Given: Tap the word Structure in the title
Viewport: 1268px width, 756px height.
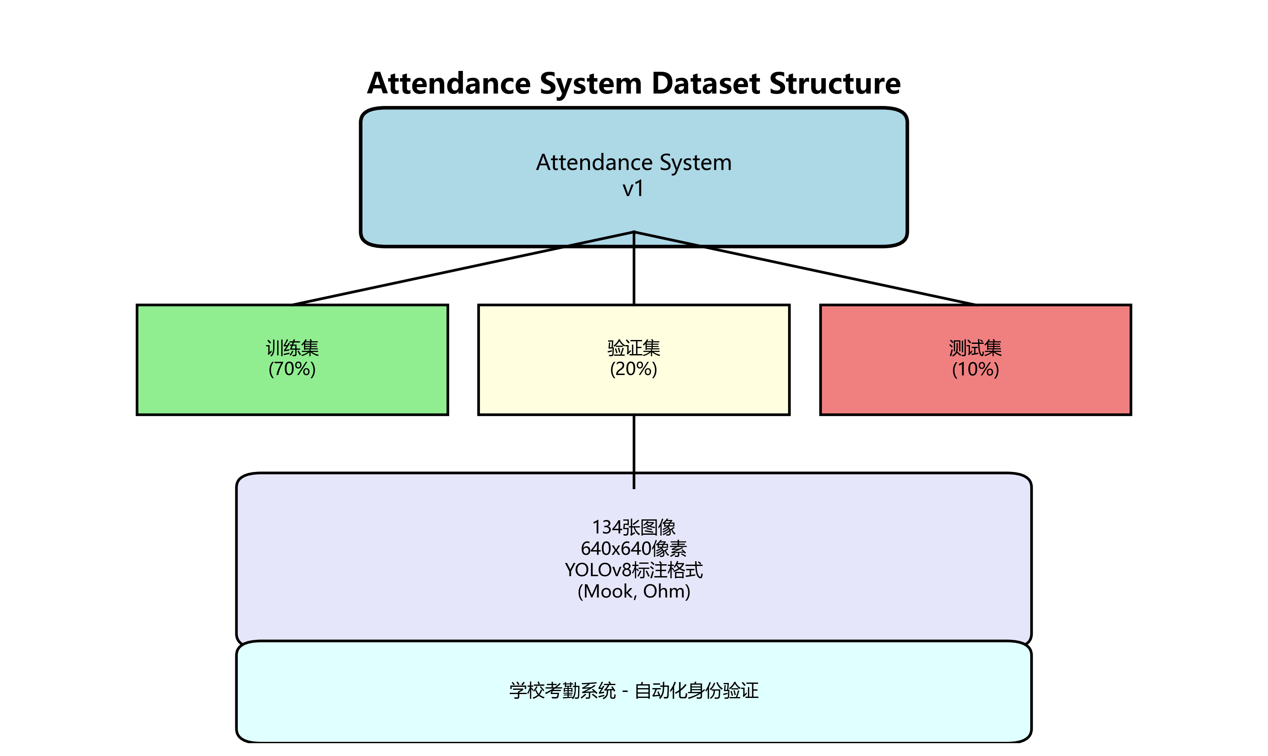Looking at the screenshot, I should [835, 84].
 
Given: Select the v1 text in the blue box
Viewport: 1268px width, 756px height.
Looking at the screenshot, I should [634, 189].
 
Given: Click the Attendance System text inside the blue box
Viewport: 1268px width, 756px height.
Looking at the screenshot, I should [634, 162].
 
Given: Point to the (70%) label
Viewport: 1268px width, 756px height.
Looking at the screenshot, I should [292, 369].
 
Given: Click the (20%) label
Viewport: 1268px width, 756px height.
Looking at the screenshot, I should [634, 369].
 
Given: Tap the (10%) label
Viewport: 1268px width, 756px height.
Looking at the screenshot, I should [975, 369].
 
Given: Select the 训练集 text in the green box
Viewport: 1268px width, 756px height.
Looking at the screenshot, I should [292, 349].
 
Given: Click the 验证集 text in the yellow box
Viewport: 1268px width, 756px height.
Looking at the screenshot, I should [634, 349].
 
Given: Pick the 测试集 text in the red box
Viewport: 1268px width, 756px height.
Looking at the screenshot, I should [975, 349].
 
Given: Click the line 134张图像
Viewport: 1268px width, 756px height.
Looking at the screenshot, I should [634, 527].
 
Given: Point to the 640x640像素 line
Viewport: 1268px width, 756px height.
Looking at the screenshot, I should [634, 549].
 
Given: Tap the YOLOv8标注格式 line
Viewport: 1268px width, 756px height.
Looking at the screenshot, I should [634, 570].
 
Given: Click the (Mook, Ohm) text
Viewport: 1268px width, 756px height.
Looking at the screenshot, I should [634, 592].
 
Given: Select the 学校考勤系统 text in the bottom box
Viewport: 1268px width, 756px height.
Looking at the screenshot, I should [562, 691].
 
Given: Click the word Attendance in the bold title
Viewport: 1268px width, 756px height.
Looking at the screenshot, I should [449, 84].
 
